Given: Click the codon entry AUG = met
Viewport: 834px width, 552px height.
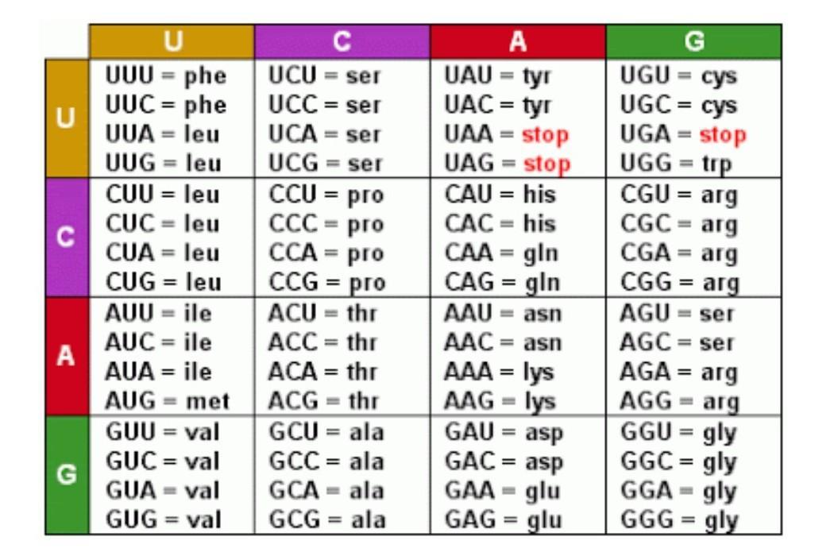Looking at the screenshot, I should click(168, 401).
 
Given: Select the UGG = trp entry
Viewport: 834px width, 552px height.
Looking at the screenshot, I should click(678, 164).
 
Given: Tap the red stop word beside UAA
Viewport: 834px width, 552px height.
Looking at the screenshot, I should click(545, 134).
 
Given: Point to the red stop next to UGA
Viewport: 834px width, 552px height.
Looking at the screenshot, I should click(722, 134).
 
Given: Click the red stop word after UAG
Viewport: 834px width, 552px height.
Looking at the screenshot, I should click(545, 164).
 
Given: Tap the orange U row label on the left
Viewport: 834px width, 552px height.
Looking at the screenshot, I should click(67, 119).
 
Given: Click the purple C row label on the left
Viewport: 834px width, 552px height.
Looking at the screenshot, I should click(67, 237).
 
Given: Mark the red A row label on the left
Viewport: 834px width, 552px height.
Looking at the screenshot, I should click(67, 356).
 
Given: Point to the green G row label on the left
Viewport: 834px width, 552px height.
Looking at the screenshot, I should click(67, 474).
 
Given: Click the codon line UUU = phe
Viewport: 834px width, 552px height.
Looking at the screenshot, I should click(166, 75).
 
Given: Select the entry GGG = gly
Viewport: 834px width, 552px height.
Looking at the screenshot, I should click(679, 520).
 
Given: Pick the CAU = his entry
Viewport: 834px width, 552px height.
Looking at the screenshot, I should click(500, 194).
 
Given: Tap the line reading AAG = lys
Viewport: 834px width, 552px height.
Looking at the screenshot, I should click(500, 401).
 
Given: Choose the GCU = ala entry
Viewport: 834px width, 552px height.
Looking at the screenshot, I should click(326, 432).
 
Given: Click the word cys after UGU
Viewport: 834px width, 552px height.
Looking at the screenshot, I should click(719, 75).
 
